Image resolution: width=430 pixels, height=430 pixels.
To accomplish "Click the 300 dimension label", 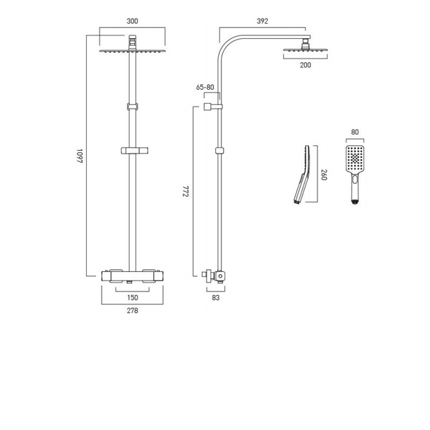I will [x=132, y=21].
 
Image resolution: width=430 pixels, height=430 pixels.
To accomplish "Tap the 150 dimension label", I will [x=132, y=297].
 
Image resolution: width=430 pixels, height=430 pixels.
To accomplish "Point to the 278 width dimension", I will [x=132, y=311].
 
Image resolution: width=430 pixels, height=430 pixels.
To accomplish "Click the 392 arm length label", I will [x=262, y=21].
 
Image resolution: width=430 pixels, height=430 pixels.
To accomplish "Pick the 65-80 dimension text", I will [x=205, y=87].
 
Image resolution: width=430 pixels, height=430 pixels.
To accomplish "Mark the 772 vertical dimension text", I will [x=185, y=192].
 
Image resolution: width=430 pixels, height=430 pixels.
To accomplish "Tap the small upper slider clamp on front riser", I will [x=132, y=106].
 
